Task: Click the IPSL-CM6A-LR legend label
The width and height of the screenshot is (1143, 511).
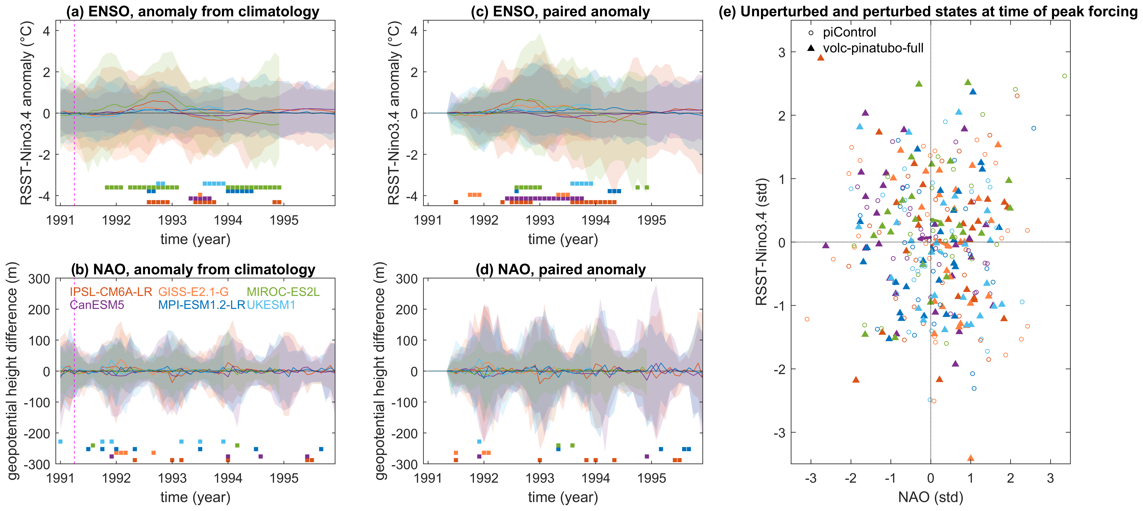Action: (110, 292)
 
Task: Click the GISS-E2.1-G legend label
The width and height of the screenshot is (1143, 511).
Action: (194, 292)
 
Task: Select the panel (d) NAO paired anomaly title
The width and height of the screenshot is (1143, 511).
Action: (560, 270)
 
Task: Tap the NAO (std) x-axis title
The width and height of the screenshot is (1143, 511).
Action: (930, 497)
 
